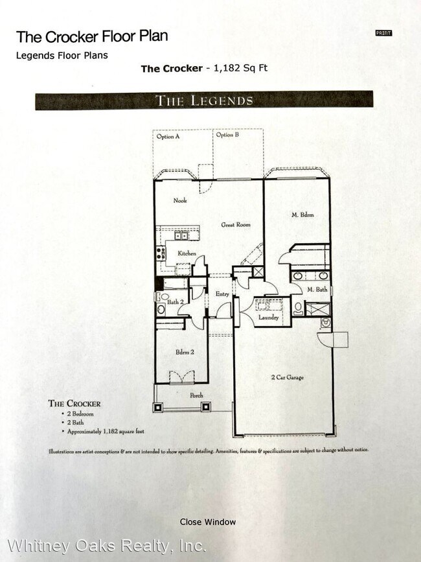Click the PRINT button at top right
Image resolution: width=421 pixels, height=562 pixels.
(383, 33)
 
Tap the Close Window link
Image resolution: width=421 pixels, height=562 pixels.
(207, 522)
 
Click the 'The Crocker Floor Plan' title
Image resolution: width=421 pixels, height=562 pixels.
(91, 36)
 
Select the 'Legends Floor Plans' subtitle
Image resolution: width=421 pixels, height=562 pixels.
(62, 55)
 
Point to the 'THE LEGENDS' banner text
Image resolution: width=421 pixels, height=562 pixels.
(204, 100)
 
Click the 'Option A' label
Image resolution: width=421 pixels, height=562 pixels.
(168, 136)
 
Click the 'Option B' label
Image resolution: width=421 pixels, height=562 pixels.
(227, 135)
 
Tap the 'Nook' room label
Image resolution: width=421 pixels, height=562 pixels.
(179, 200)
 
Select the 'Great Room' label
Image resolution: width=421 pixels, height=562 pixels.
(235, 225)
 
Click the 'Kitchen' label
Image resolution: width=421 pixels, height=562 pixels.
(187, 253)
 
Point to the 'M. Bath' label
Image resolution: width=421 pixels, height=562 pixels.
(318, 290)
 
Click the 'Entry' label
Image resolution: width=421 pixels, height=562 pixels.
(222, 294)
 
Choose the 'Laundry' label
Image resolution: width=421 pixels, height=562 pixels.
(268, 318)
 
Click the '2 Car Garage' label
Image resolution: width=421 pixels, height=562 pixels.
(287, 377)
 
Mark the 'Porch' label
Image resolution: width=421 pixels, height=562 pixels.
(196, 395)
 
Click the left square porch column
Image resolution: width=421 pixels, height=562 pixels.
(158, 408)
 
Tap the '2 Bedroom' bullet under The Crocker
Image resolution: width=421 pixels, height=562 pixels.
(80, 414)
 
